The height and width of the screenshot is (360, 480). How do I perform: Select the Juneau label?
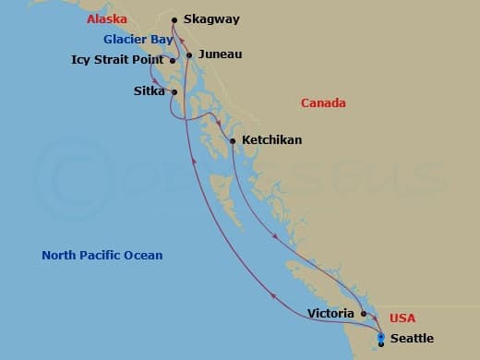tap(220, 54)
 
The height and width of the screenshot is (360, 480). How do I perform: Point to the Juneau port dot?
tap(189, 55)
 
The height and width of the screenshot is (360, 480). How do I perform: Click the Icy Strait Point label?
tap(117, 60)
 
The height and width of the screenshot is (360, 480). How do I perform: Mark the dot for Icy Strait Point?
tap(173, 61)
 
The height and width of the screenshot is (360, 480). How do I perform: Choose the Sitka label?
tap(149, 90)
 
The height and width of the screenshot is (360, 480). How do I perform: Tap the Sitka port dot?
tap(174, 91)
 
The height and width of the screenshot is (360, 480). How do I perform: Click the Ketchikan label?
tap(271, 140)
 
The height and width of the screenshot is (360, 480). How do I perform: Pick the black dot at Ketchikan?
tap(232, 141)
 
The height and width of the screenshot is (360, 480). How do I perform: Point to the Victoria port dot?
tap(364, 314)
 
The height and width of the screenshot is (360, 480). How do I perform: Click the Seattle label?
tap(412, 339)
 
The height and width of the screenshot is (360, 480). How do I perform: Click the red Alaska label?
tap(106, 19)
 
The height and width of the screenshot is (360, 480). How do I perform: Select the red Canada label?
tap(323, 103)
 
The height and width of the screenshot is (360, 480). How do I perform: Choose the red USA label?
tap(402, 318)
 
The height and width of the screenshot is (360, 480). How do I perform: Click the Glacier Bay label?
tap(138, 40)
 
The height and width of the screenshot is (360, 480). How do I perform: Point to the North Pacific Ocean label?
tap(102, 256)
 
